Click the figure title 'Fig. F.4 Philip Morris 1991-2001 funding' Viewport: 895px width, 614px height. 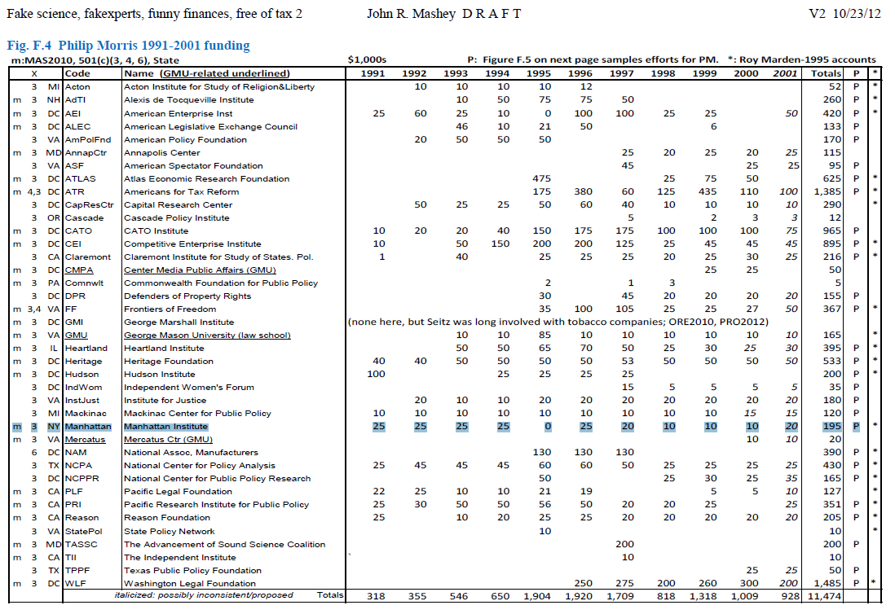[x=128, y=46]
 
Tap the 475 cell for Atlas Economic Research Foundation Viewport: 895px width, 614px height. [x=541, y=178]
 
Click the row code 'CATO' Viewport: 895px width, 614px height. [x=78, y=230]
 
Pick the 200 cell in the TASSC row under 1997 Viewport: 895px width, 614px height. [x=625, y=544]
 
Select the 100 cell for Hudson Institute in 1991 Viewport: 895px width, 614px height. [x=376, y=374]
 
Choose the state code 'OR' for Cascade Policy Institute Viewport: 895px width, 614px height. [x=53, y=217]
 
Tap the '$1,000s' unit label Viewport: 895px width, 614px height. [x=367, y=59]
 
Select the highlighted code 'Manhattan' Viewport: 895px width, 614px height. [x=88, y=427]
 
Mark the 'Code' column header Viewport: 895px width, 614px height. [x=78, y=73]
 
